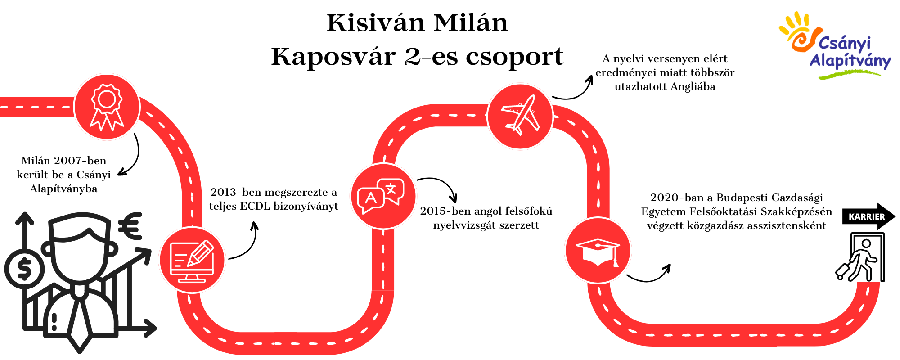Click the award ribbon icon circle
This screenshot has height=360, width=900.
(x=107, y=107)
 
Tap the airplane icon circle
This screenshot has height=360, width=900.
(x=520, y=116)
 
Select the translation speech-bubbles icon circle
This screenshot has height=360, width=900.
(x=383, y=196)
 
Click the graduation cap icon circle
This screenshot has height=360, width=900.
(x=598, y=251)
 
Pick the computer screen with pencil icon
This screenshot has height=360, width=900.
(x=192, y=261)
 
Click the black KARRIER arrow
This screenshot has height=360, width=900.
(x=869, y=216)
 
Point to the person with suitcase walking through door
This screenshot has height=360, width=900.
(x=860, y=257)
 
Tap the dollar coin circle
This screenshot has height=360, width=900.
(x=24, y=270)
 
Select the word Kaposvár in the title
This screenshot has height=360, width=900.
(x=333, y=57)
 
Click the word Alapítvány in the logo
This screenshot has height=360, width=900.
(x=850, y=61)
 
